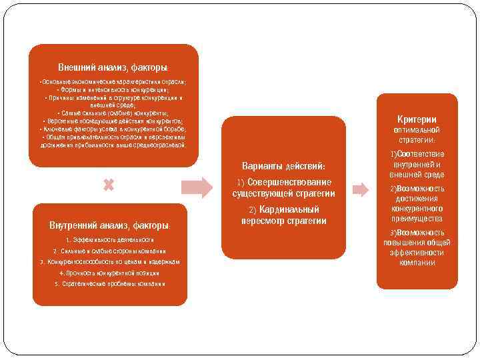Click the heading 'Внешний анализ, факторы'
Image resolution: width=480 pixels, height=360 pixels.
coord(113,68)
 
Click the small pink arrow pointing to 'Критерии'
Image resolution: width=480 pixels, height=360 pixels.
coord(360,189)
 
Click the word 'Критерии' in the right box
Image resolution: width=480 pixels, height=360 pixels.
coord(417,119)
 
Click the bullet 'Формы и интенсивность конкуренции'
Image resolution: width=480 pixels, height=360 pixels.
coord(113,89)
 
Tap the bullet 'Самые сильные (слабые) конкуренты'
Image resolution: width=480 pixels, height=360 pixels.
coord(113,113)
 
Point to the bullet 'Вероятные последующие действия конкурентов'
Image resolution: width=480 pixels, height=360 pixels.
coord(113,121)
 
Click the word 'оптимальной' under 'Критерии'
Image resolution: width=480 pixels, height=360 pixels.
coord(417,129)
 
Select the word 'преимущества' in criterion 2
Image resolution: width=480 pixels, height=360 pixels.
coord(418,219)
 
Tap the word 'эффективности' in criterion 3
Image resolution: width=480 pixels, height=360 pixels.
coord(418,253)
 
